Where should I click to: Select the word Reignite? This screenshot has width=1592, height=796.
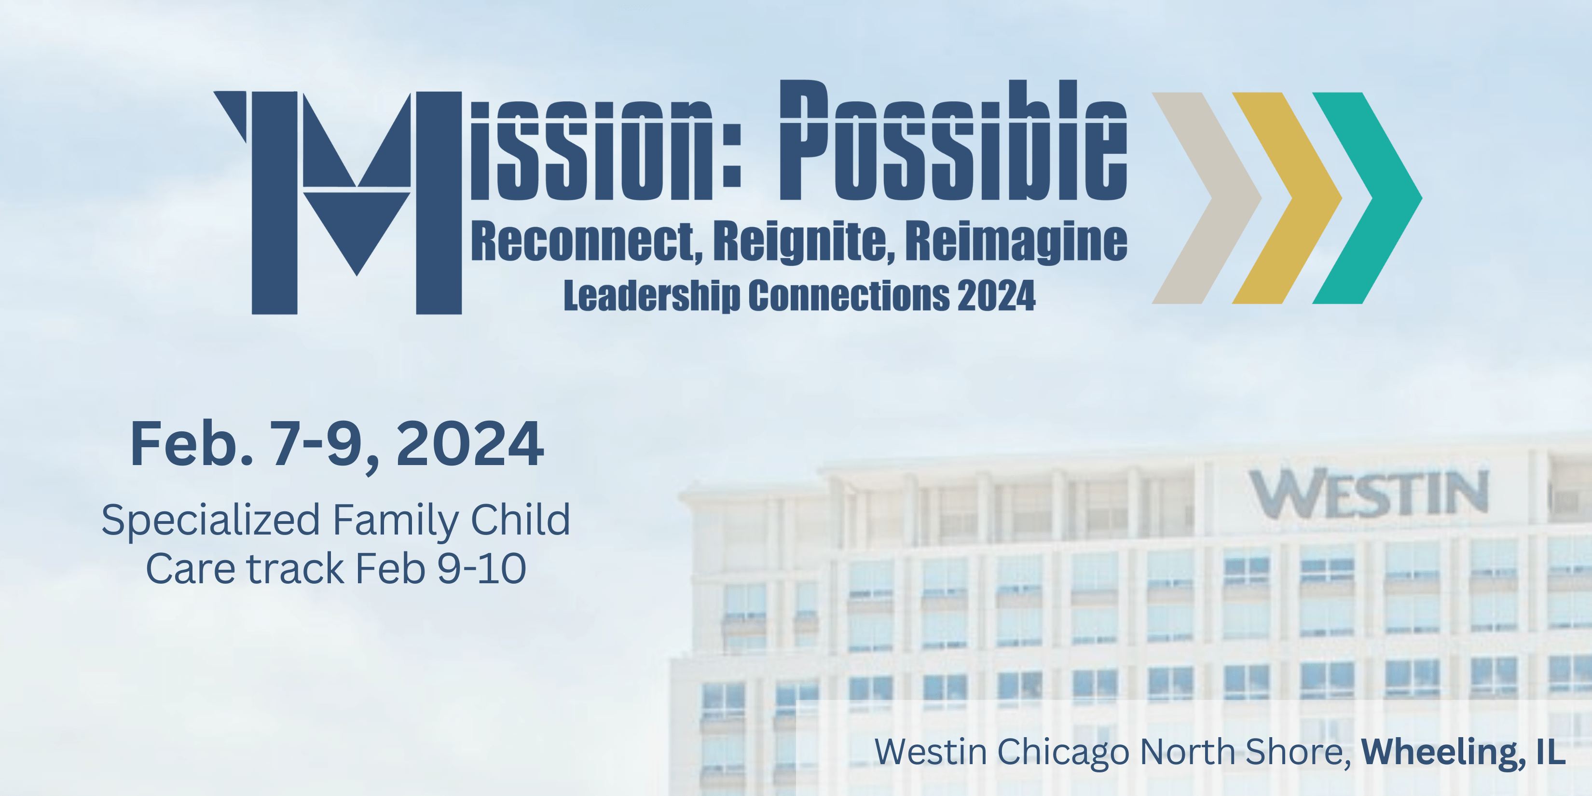click(803, 242)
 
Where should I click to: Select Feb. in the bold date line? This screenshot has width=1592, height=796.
click(192, 444)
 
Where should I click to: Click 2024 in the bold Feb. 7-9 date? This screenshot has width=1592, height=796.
click(470, 444)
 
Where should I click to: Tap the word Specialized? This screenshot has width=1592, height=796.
click(211, 521)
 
